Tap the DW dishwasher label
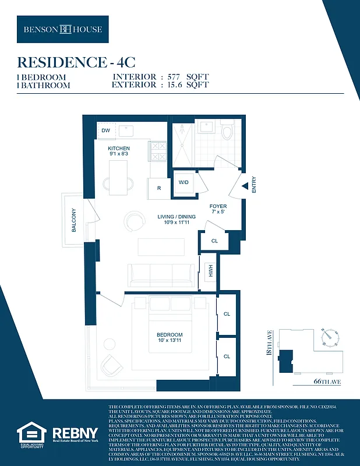click(x=105, y=130)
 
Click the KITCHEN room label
click(x=118, y=149)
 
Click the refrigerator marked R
click(x=158, y=188)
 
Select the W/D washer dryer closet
click(x=184, y=182)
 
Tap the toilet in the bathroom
click(x=228, y=130)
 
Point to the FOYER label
click(x=218, y=206)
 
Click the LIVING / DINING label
click(x=177, y=217)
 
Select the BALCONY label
click(x=74, y=221)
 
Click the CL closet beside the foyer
click(x=214, y=241)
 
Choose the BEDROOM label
click(x=170, y=334)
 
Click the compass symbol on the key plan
click(x=330, y=336)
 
